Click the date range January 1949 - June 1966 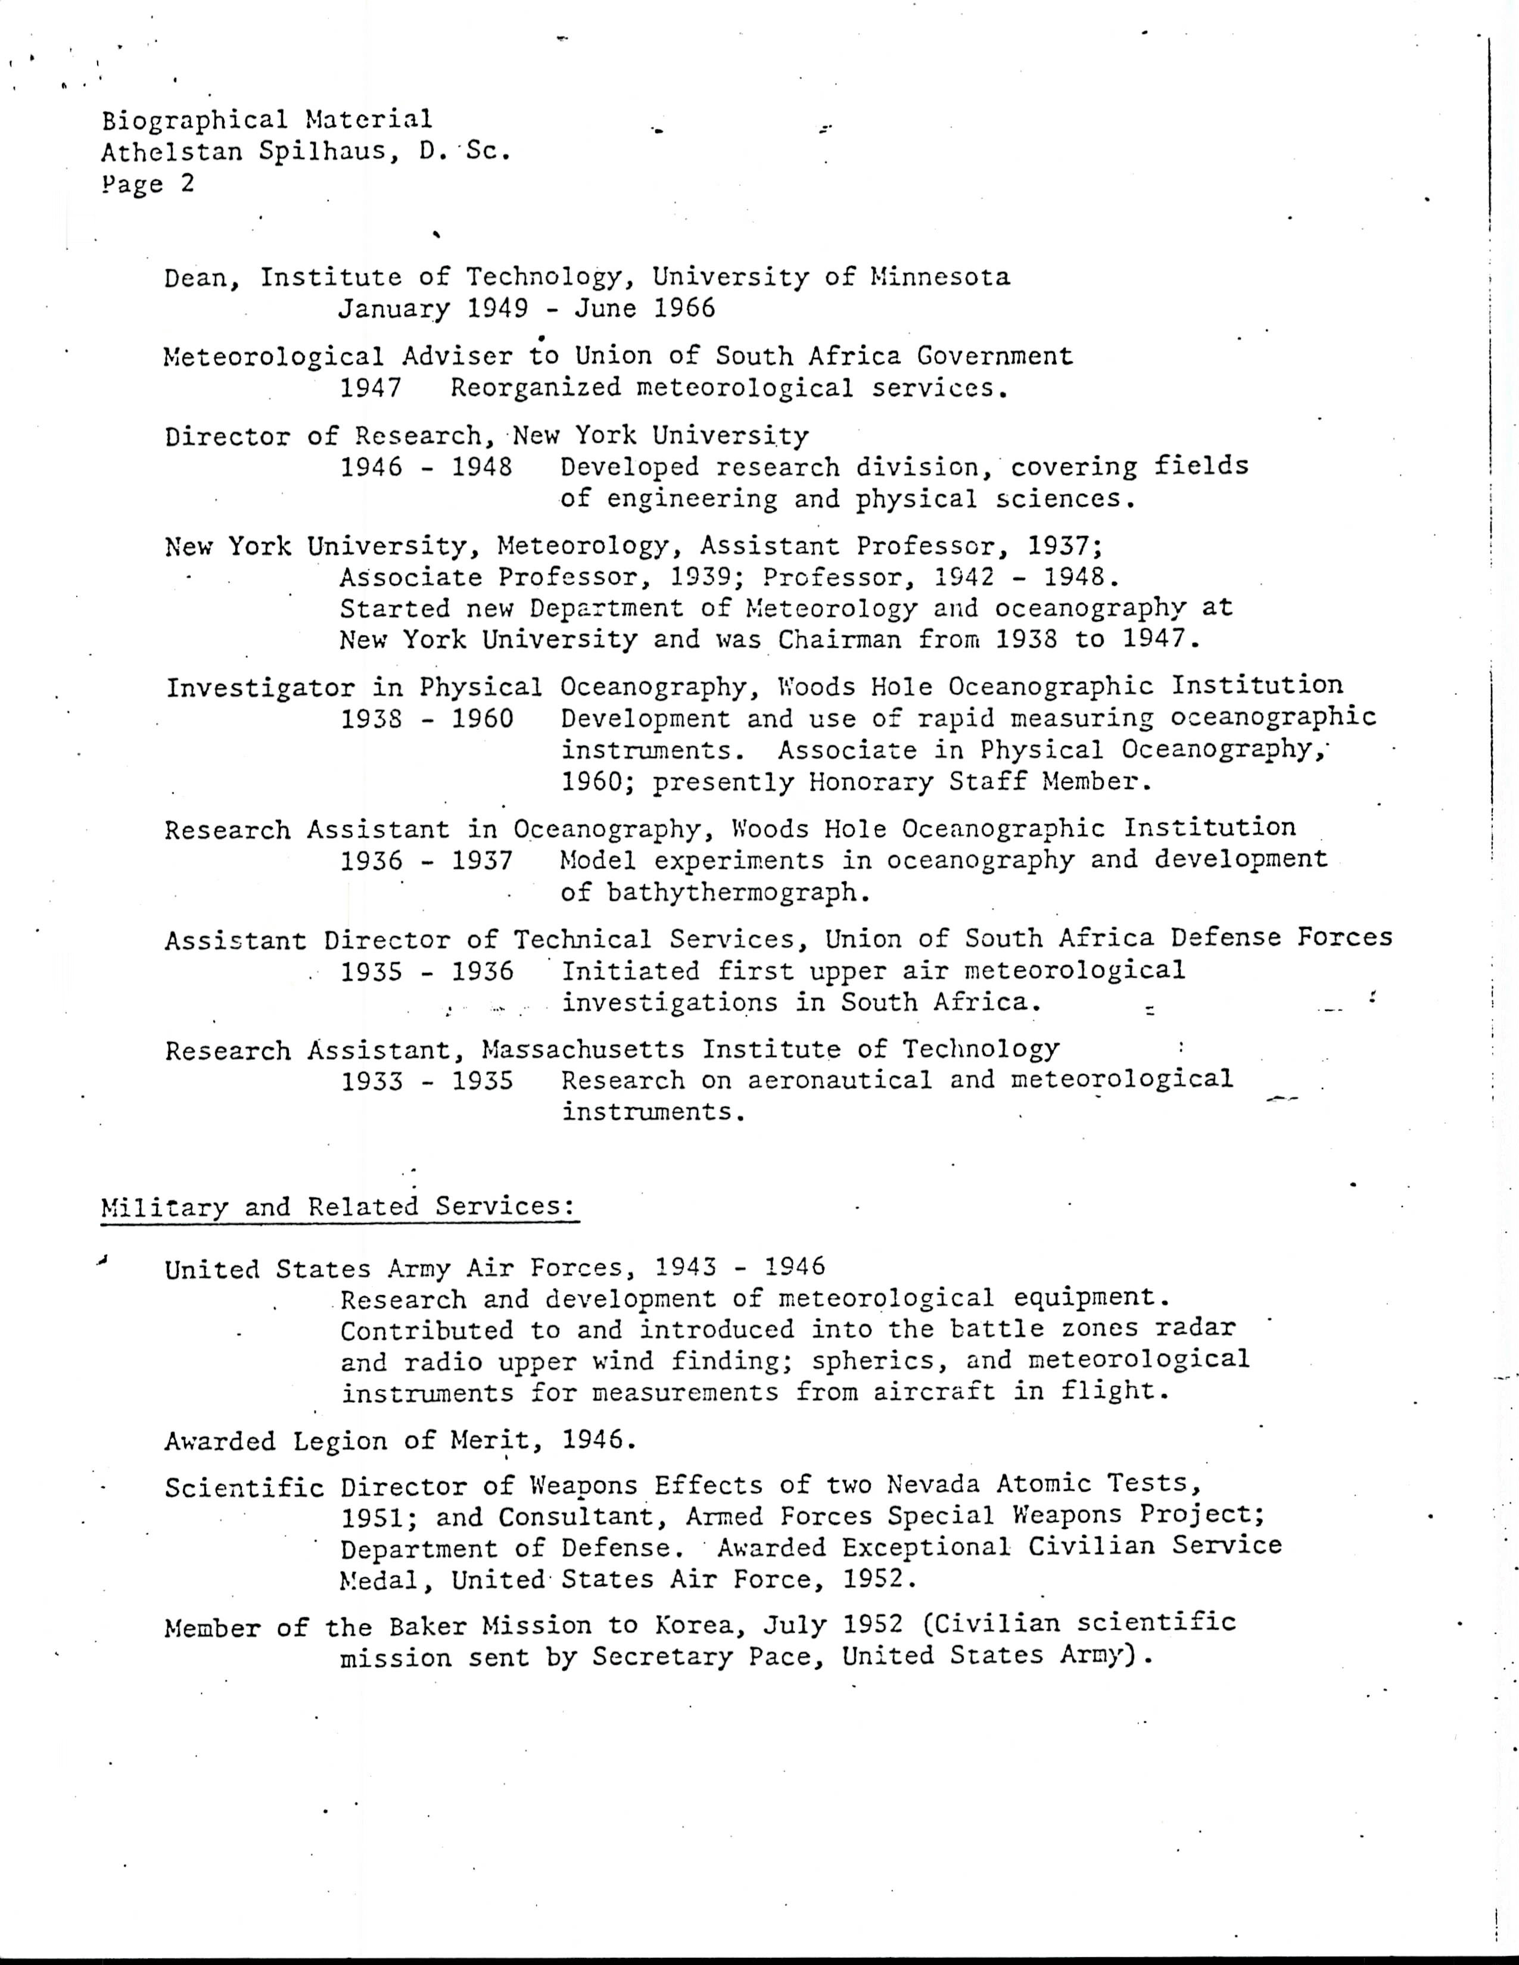[527, 308]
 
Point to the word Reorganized [536, 388]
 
